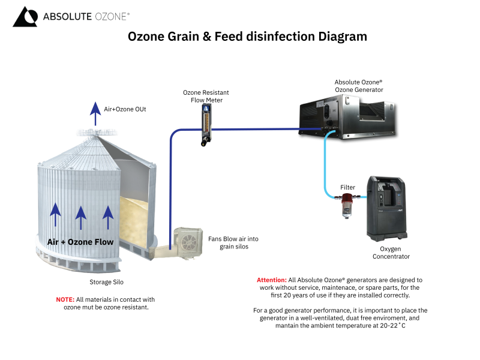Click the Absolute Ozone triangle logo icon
[x=24, y=17]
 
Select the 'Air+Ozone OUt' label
[x=125, y=109]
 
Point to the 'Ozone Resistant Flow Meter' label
[x=206, y=97]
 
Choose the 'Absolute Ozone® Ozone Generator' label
[x=359, y=85]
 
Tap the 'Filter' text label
[x=348, y=188]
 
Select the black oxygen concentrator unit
[x=389, y=208]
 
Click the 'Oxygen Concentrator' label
[x=391, y=253]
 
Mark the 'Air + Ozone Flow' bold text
[x=80, y=242]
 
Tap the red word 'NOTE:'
[x=65, y=299]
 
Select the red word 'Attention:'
[x=272, y=280]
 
